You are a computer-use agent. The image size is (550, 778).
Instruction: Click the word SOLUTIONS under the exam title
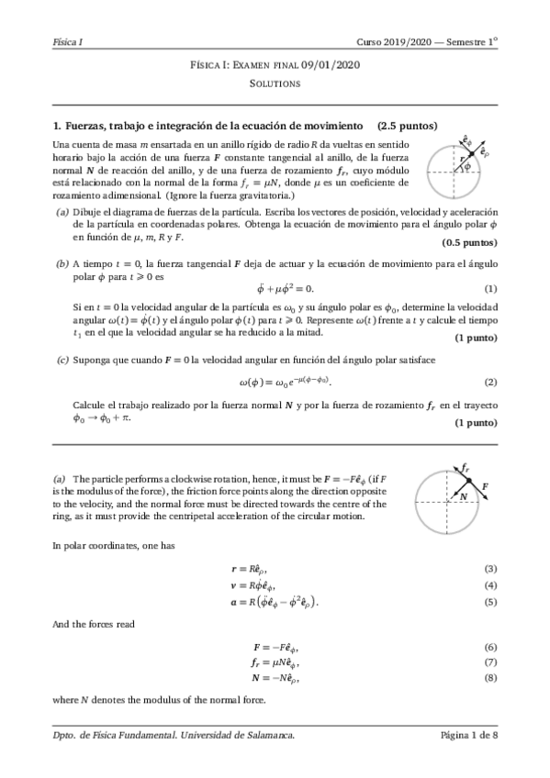click(275, 83)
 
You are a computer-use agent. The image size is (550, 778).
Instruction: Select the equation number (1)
click(490, 289)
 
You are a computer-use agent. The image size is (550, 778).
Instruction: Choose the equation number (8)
click(490, 678)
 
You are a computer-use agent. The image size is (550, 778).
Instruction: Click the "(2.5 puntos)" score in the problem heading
click(406, 126)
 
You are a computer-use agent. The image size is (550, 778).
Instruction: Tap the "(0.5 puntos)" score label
click(469, 242)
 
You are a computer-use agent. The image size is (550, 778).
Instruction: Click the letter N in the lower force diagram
click(465, 496)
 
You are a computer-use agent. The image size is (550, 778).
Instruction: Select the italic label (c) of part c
click(62, 360)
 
